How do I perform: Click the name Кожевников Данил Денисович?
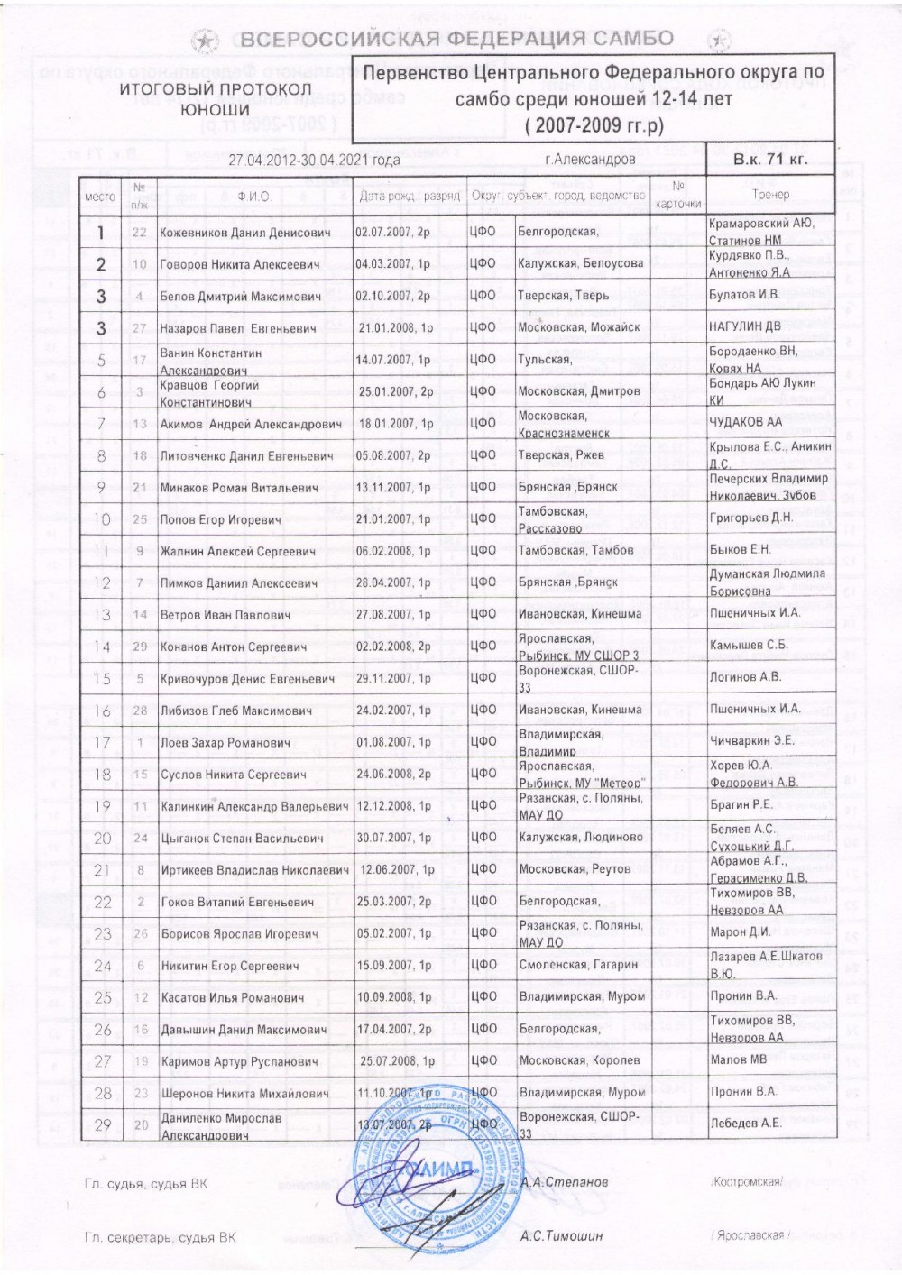[244, 233]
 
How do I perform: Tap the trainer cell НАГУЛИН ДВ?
[744, 327]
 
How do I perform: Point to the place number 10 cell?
[102, 519]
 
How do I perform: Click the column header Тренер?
[769, 195]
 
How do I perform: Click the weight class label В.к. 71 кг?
[770, 160]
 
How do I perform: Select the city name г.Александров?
[590, 160]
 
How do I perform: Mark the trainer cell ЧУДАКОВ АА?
[746, 422]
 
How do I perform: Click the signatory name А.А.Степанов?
[565, 1181]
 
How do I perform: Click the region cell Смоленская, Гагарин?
[578, 965]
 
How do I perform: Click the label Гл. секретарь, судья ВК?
[159, 1238]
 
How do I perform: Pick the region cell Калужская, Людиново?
[581, 837]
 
